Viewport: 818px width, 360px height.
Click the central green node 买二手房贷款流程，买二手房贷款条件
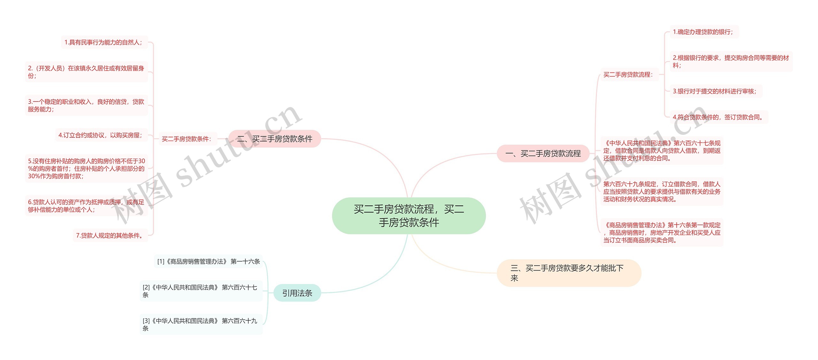coord(409,216)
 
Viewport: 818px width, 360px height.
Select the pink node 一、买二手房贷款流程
coord(543,154)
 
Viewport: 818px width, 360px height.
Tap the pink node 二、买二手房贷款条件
coord(275,139)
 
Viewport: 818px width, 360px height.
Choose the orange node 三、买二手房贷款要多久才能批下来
coord(569,273)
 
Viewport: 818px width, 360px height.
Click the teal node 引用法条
coord(297,293)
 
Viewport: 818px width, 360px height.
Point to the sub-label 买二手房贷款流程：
coord(628,75)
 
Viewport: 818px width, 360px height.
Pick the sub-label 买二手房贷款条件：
coord(187,139)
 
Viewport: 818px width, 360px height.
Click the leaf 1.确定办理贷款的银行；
coord(703,32)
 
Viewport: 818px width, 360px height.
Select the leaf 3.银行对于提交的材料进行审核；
coord(715,91)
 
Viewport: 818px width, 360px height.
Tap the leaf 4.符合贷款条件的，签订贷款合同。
coord(718,117)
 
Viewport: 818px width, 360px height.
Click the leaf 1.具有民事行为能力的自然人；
coord(104,42)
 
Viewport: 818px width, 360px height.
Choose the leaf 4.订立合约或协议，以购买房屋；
coord(100,135)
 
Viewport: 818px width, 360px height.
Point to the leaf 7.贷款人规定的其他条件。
coord(110,235)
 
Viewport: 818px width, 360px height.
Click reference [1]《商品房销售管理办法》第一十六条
coord(208,262)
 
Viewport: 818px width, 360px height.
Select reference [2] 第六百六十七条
coord(200,291)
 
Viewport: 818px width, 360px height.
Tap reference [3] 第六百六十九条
coord(200,324)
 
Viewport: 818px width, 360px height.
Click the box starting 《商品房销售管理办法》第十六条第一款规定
coord(662,233)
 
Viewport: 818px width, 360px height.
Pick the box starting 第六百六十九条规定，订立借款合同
coord(662,192)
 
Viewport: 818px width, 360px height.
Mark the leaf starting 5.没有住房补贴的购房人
coord(86,168)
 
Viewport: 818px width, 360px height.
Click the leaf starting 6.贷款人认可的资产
coord(86,206)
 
